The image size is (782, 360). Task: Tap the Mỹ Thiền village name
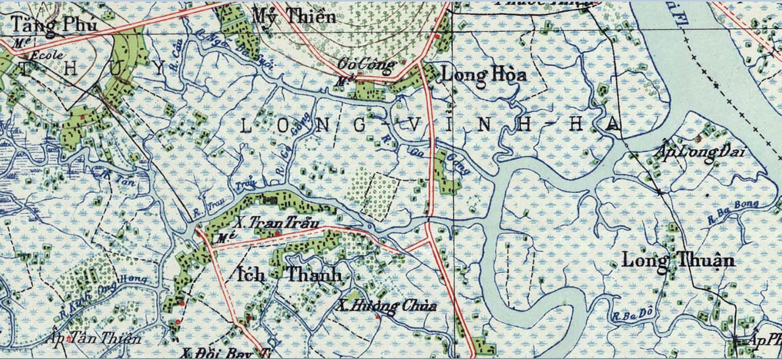click(294, 16)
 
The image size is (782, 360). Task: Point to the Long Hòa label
click(475, 75)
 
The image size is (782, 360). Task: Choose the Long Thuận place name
click(678, 260)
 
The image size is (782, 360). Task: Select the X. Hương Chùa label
click(386, 306)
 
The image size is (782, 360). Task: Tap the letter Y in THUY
click(161, 69)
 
